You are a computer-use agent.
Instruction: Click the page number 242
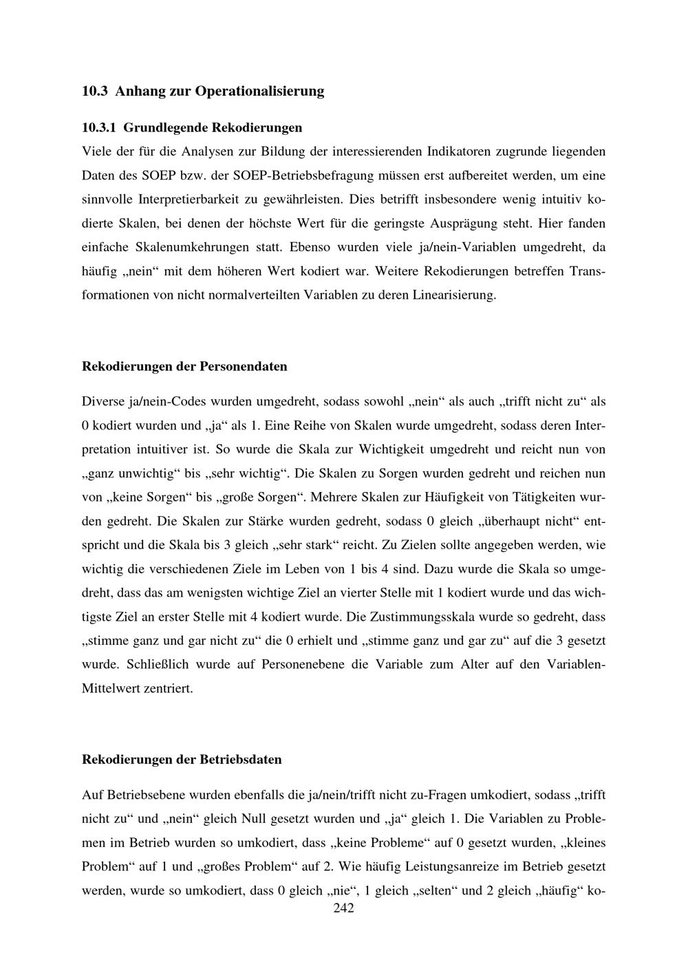(343, 908)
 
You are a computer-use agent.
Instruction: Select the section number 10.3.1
(100, 127)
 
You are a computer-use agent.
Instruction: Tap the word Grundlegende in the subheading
(164, 127)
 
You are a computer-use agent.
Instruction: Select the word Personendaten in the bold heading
(243, 366)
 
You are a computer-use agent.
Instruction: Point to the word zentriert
(168, 688)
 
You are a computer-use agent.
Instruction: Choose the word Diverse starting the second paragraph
(99, 401)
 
